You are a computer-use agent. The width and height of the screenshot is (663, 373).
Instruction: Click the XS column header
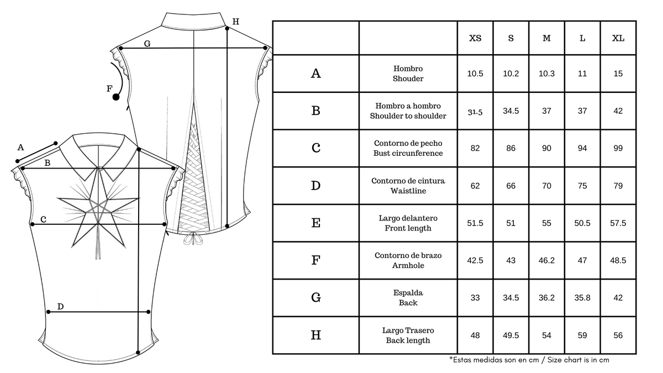tap(475, 38)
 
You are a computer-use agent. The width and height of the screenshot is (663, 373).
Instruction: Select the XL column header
tap(618, 38)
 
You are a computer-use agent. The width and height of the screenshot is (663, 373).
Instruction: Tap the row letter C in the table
tap(316, 148)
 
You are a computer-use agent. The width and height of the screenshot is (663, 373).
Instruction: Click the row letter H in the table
tap(316, 335)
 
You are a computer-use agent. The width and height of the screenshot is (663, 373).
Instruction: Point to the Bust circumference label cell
tap(408, 148)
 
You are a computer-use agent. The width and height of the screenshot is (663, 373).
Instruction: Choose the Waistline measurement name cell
tap(408, 186)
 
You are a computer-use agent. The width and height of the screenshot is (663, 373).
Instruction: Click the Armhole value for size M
tap(546, 260)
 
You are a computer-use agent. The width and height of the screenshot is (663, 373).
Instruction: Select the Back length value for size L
tap(582, 335)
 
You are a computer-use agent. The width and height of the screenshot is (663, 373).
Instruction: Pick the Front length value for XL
tap(618, 223)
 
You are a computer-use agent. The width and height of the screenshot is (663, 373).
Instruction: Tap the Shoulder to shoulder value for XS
tap(475, 111)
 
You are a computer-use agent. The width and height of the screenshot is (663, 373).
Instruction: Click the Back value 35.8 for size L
tap(582, 298)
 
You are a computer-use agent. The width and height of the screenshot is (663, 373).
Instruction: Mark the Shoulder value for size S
tap(511, 73)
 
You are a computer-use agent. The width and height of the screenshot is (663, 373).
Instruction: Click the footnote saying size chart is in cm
tap(529, 360)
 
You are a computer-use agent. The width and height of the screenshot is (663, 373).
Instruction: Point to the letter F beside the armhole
tap(109, 88)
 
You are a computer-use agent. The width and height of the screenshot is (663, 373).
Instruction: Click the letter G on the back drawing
tap(147, 43)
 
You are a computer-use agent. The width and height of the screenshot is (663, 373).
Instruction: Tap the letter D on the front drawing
tap(61, 306)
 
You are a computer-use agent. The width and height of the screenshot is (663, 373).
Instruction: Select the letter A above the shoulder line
tap(21, 147)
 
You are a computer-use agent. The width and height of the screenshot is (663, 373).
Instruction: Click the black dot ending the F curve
tap(116, 97)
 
